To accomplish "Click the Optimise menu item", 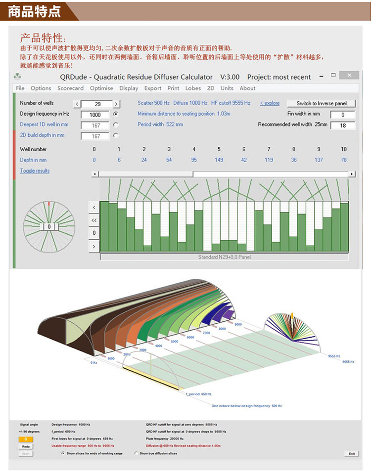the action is (x=101, y=88).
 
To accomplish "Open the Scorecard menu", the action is (x=70, y=88).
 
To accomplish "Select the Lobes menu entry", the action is (x=193, y=88).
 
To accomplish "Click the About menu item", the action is (x=247, y=88).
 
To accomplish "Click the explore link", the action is (x=270, y=103).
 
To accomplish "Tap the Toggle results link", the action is (x=35, y=171).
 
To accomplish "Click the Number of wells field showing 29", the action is (x=97, y=104).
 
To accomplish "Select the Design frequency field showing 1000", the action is (x=95, y=114).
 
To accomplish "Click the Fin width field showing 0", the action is (x=342, y=115).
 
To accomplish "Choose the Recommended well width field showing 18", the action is (x=342, y=126).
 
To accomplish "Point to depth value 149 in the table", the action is (x=219, y=160).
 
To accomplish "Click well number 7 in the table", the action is (x=269, y=149).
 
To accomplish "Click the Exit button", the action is (x=351, y=453).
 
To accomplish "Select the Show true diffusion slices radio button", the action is (x=137, y=453).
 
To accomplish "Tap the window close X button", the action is (x=350, y=75).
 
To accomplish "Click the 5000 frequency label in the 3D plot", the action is (x=174, y=342).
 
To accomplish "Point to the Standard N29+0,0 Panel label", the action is (x=224, y=257).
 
